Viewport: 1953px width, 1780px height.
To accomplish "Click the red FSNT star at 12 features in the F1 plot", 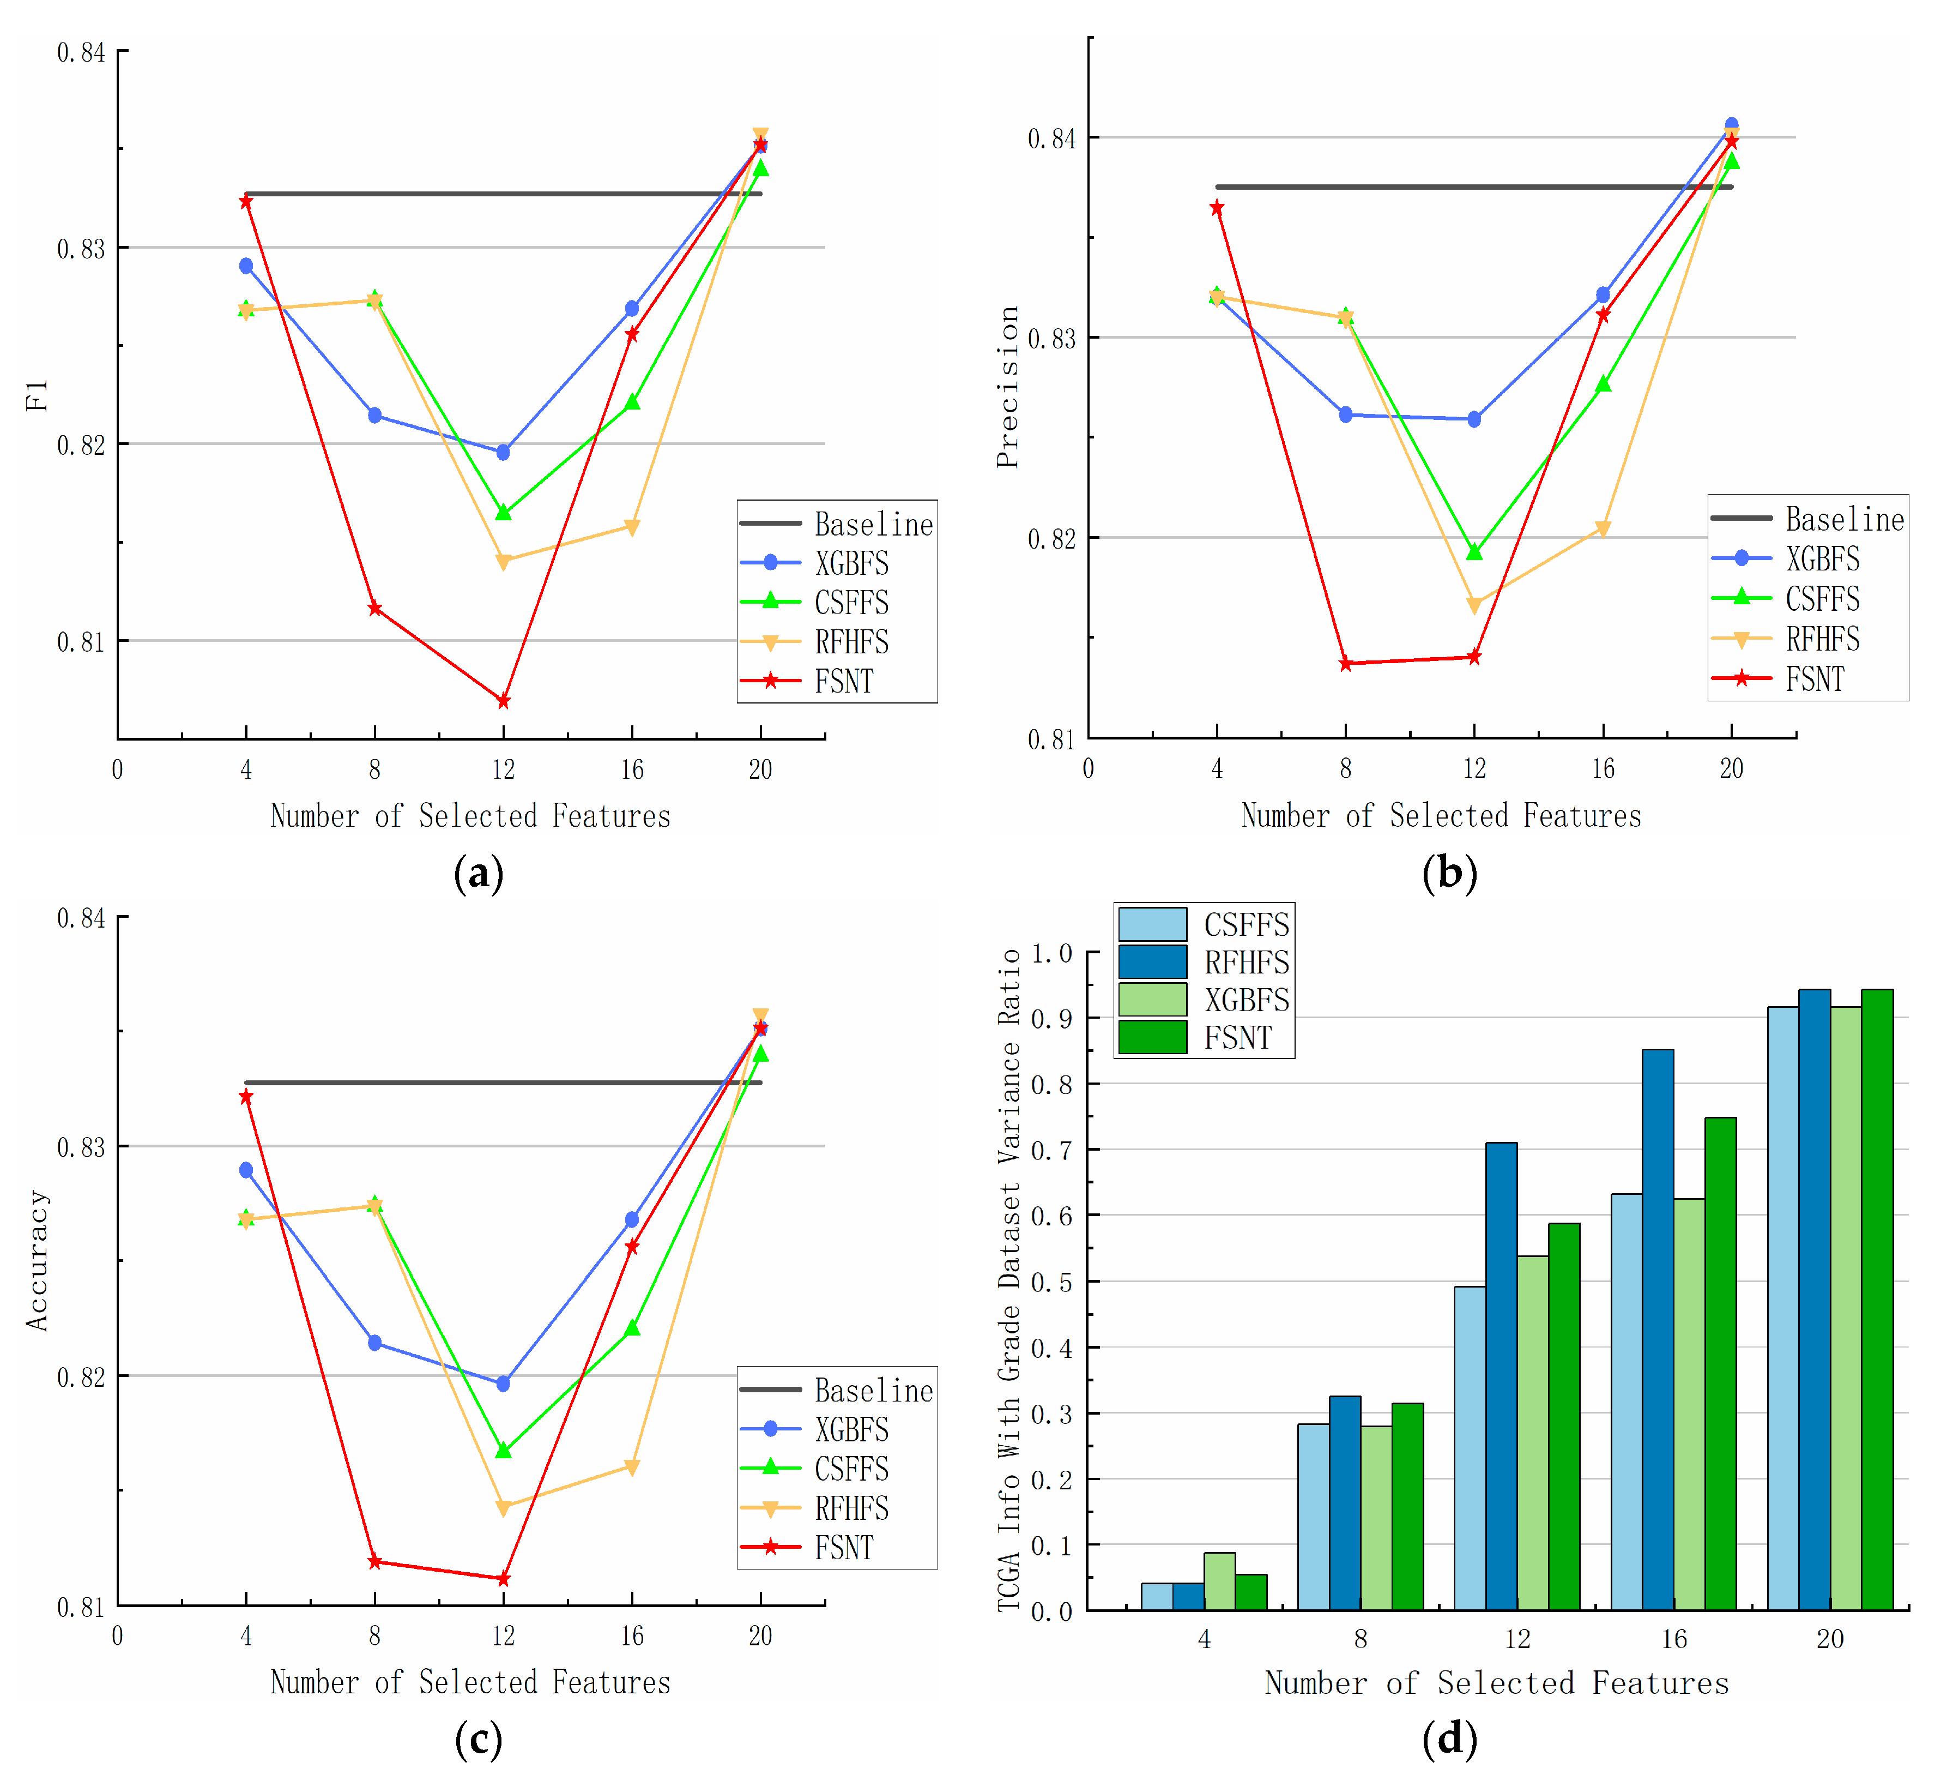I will click(x=503, y=701).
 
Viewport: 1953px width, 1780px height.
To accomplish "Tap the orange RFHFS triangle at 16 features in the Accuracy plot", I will click(x=632, y=1467).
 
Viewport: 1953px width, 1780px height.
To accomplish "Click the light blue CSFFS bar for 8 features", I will click(x=1313, y=1517).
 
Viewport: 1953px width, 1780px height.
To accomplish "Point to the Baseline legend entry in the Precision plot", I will click(x=1807, y=519).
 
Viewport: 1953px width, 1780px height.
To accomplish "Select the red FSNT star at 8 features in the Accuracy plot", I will click(x=375, y=1561).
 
